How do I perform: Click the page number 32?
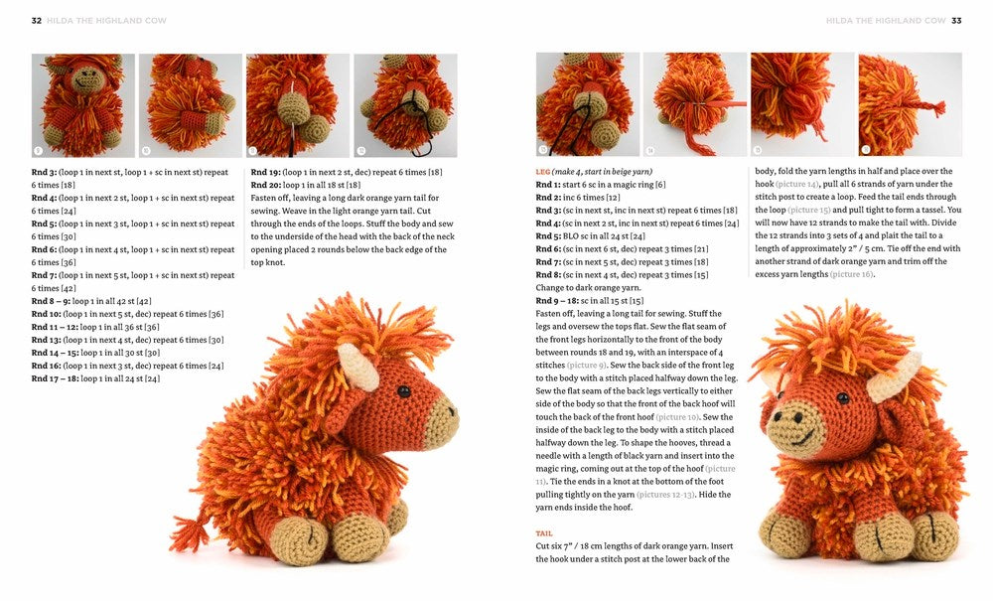point(36,20)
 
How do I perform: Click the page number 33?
point(956,20)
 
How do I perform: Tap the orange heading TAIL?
point(544,533)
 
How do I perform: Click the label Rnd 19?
point(265,172)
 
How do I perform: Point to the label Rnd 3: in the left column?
point(47,172)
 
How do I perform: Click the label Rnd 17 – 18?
point(56,378)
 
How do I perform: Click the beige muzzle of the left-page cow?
point(436,418)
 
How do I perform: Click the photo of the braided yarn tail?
point(910,104)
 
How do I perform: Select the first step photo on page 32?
point(83,104)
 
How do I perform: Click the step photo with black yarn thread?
point(405,104)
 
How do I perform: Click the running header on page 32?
point(100,20)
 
